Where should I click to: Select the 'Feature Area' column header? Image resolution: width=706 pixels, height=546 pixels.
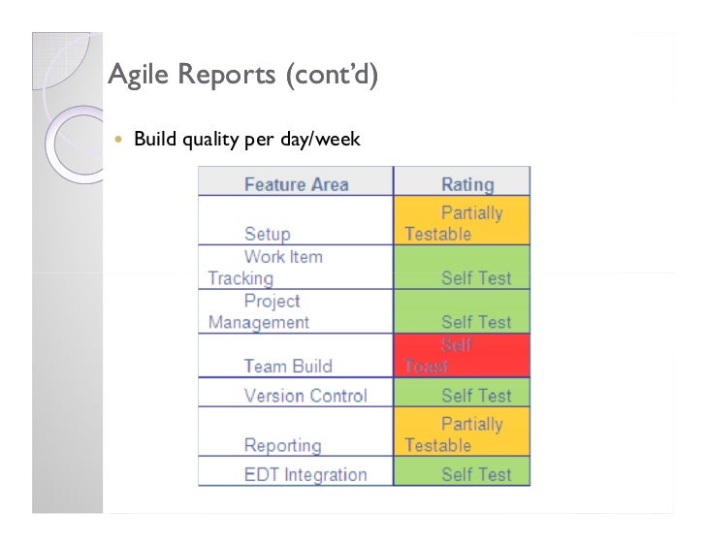(x=296, y=184)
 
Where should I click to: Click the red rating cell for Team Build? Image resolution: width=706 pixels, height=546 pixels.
(x=462, y=355)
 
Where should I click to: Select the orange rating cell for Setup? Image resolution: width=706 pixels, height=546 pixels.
(x=462, y=222)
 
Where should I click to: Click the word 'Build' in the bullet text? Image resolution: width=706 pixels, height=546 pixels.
(x=153, y=141)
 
